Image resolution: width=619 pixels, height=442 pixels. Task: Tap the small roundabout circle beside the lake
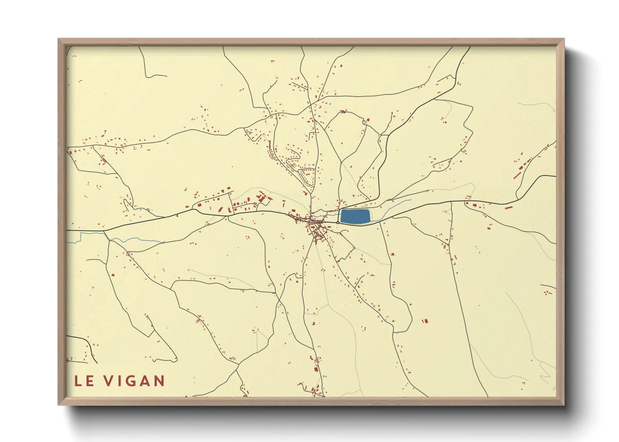pos(338,223)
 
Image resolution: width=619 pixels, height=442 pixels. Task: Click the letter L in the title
pos(78,381)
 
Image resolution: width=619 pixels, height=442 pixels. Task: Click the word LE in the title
pos(84,381)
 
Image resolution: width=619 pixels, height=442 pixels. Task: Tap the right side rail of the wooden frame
pos(560,221)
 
